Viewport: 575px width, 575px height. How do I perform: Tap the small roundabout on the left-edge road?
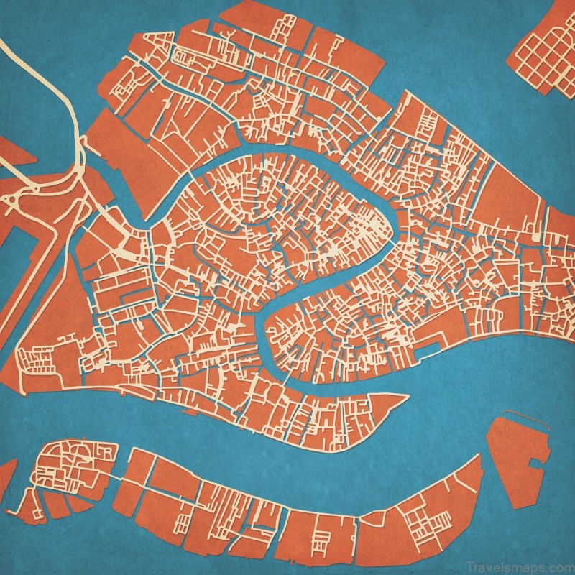(14, 197)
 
